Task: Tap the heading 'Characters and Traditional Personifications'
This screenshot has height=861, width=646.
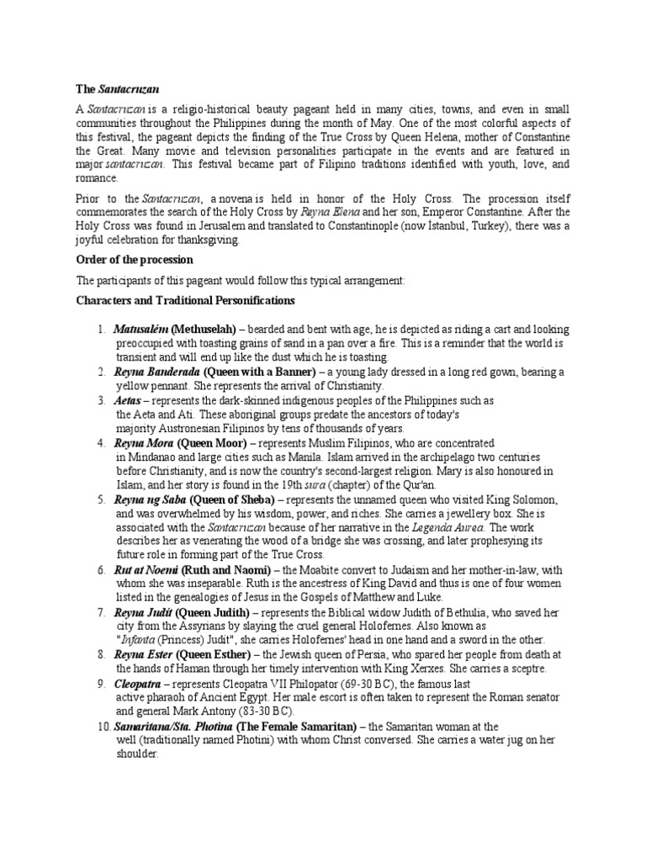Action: coord(184,300)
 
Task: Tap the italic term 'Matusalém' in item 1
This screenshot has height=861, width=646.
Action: coord(140,330)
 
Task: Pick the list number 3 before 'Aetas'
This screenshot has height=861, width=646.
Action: coord(99,400)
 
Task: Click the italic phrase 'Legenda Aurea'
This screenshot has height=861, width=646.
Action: coord(463,527)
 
